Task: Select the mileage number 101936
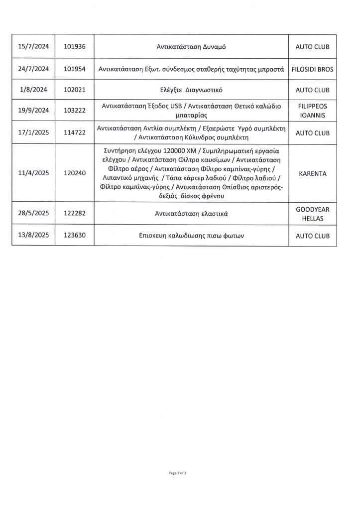pyautogui.click(x=75, y=47)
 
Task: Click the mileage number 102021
pyautogui.click(x=75, y=91)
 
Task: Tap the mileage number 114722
pyautogui.click(x=75, y=133)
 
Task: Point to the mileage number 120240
pyautogui.click(x=75, y=174)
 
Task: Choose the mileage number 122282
pyautogui.click(x=75, y=214)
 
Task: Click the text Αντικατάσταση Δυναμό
pyautogui.click(x=191, y=47)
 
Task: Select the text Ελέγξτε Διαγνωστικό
pyautogui.click(x=191, y=91)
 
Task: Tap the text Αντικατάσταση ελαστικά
pyautogui.click(x=191, y=214)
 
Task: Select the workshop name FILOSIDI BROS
pyautogui.click(x=312, y=69)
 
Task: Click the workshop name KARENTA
pyautogui.click(x=312, y=174)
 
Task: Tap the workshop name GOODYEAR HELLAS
pyautogui.click(x=312, y=214)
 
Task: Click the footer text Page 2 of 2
pyautogui.click(x=177, y=473)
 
